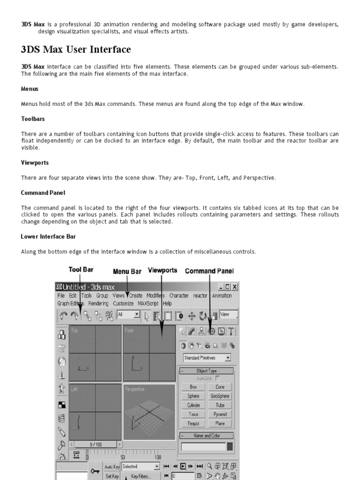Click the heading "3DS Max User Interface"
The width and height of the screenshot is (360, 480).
pos(76,49)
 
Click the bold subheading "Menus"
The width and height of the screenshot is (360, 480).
pos(30,89)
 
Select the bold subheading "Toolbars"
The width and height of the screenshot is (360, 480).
pos(33,119)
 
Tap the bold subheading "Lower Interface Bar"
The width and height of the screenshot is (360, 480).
pos(48,236)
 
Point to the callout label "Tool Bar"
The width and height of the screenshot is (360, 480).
pos(81,270)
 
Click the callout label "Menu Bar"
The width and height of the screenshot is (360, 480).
pos(127,271)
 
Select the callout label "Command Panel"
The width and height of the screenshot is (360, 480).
pos(209,271)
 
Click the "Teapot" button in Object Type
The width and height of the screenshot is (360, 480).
pos(194,423)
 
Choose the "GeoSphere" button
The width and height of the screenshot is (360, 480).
pos(220,396)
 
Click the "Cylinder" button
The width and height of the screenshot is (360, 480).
pos(194,405)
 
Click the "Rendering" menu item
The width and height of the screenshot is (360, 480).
pos(98,303)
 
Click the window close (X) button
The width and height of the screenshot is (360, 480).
pos(234,286)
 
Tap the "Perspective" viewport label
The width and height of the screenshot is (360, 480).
pos(135,389)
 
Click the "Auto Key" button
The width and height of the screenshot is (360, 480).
pos(112,467)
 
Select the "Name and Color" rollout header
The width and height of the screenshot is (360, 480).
pos(207,435)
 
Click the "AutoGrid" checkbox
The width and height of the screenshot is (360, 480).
pos(217,378)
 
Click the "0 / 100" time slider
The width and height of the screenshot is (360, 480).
pos(96,444)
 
